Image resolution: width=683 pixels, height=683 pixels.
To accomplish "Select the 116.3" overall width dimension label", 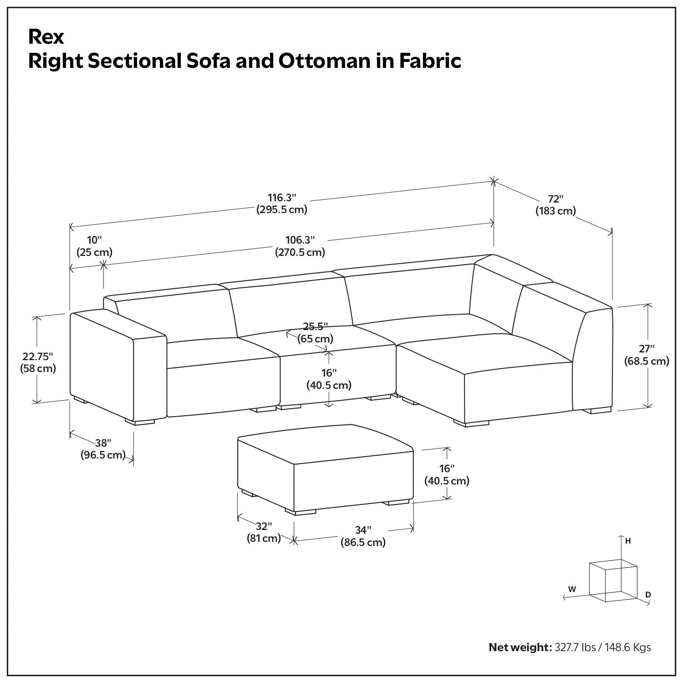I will point(282,198).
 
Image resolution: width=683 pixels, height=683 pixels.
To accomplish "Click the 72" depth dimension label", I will point(556,199).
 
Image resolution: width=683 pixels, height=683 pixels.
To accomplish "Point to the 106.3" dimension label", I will point(300,240).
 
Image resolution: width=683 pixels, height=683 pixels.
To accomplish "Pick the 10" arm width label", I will point(95,240).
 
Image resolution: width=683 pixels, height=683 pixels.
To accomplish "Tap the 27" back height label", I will point(647,349).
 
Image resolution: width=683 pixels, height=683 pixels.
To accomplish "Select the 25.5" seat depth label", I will point(316,326).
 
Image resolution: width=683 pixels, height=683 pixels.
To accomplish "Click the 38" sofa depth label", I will point(103,443).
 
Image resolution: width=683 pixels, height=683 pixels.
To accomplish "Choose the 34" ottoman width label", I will point(363,530).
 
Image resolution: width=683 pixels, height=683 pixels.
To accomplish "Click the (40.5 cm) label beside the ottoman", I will point(447,481).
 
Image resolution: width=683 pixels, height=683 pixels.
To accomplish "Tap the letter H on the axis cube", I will point(628,541).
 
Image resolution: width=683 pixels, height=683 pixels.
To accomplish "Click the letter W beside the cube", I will point(572,589).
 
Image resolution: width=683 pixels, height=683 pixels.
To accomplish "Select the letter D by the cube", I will point(648,595).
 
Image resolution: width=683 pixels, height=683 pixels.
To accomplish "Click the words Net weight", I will point(520,647).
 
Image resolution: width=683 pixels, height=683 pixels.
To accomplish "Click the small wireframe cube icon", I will point(612,582).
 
